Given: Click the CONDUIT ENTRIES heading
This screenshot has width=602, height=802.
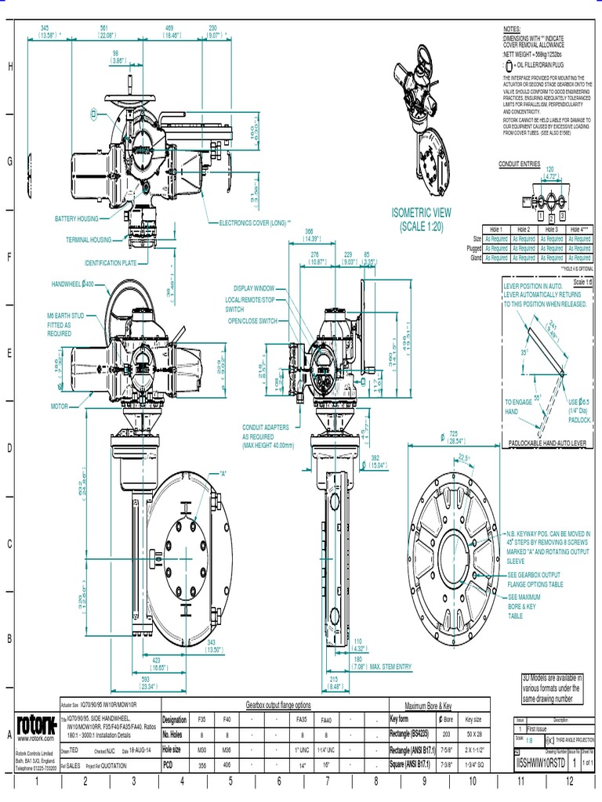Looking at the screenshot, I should pos(520,163).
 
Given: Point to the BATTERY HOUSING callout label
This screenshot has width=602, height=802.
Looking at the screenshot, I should pos(77,219).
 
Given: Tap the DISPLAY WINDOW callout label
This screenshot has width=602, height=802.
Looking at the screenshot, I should pos(254,287).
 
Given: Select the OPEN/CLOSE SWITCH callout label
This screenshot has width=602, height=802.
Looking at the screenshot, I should pos(252,320).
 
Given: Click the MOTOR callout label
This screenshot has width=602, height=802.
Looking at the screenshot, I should pos(60,406).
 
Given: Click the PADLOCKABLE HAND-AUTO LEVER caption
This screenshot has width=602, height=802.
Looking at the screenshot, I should pos(547,443).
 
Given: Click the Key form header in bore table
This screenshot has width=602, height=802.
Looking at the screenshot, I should pos(404,718).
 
